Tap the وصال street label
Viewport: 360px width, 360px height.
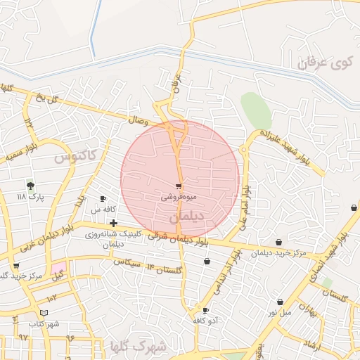138,121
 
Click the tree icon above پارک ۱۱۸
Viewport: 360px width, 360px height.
30,186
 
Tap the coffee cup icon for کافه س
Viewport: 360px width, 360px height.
103,199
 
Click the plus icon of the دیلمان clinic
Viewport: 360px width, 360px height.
113,223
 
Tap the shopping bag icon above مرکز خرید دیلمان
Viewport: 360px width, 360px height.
279,242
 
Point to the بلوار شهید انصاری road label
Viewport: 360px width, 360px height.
339,243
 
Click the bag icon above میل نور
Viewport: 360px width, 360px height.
280,302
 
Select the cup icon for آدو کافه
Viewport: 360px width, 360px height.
205,310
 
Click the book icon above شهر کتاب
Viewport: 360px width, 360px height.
44,313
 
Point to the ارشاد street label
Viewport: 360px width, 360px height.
311,345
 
